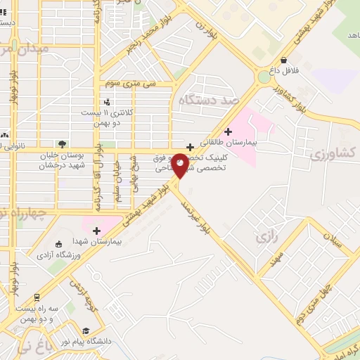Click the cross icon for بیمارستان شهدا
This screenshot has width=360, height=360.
click(x=96, y=230)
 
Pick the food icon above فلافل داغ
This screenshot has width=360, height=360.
click(x=283, y=60)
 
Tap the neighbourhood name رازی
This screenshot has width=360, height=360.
click(x=266, y=237)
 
